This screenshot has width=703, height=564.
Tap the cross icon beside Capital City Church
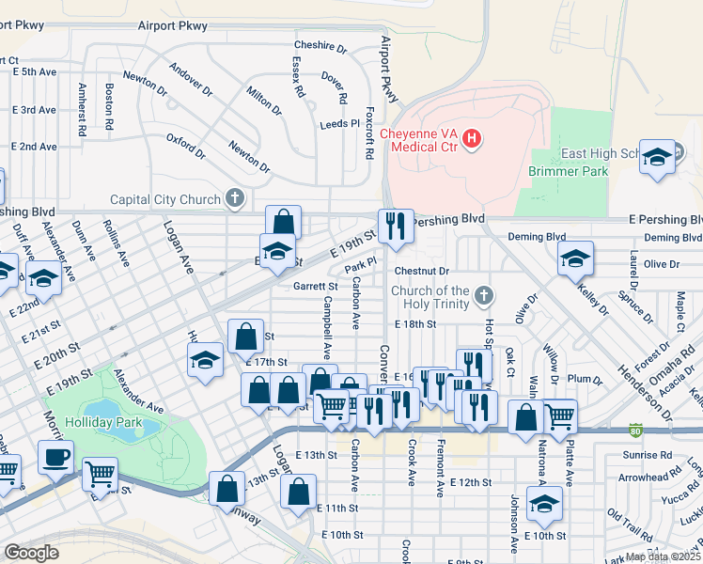pos(235,199)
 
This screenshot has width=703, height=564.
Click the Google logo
pos(32,553)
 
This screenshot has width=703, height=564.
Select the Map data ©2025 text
pos(664,556)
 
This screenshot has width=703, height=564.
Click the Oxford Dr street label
pos(185,145)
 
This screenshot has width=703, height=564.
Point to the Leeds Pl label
pos(339,123)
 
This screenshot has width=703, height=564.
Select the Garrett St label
pos(315,286)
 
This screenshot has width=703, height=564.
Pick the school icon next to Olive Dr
pos(575,259)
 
